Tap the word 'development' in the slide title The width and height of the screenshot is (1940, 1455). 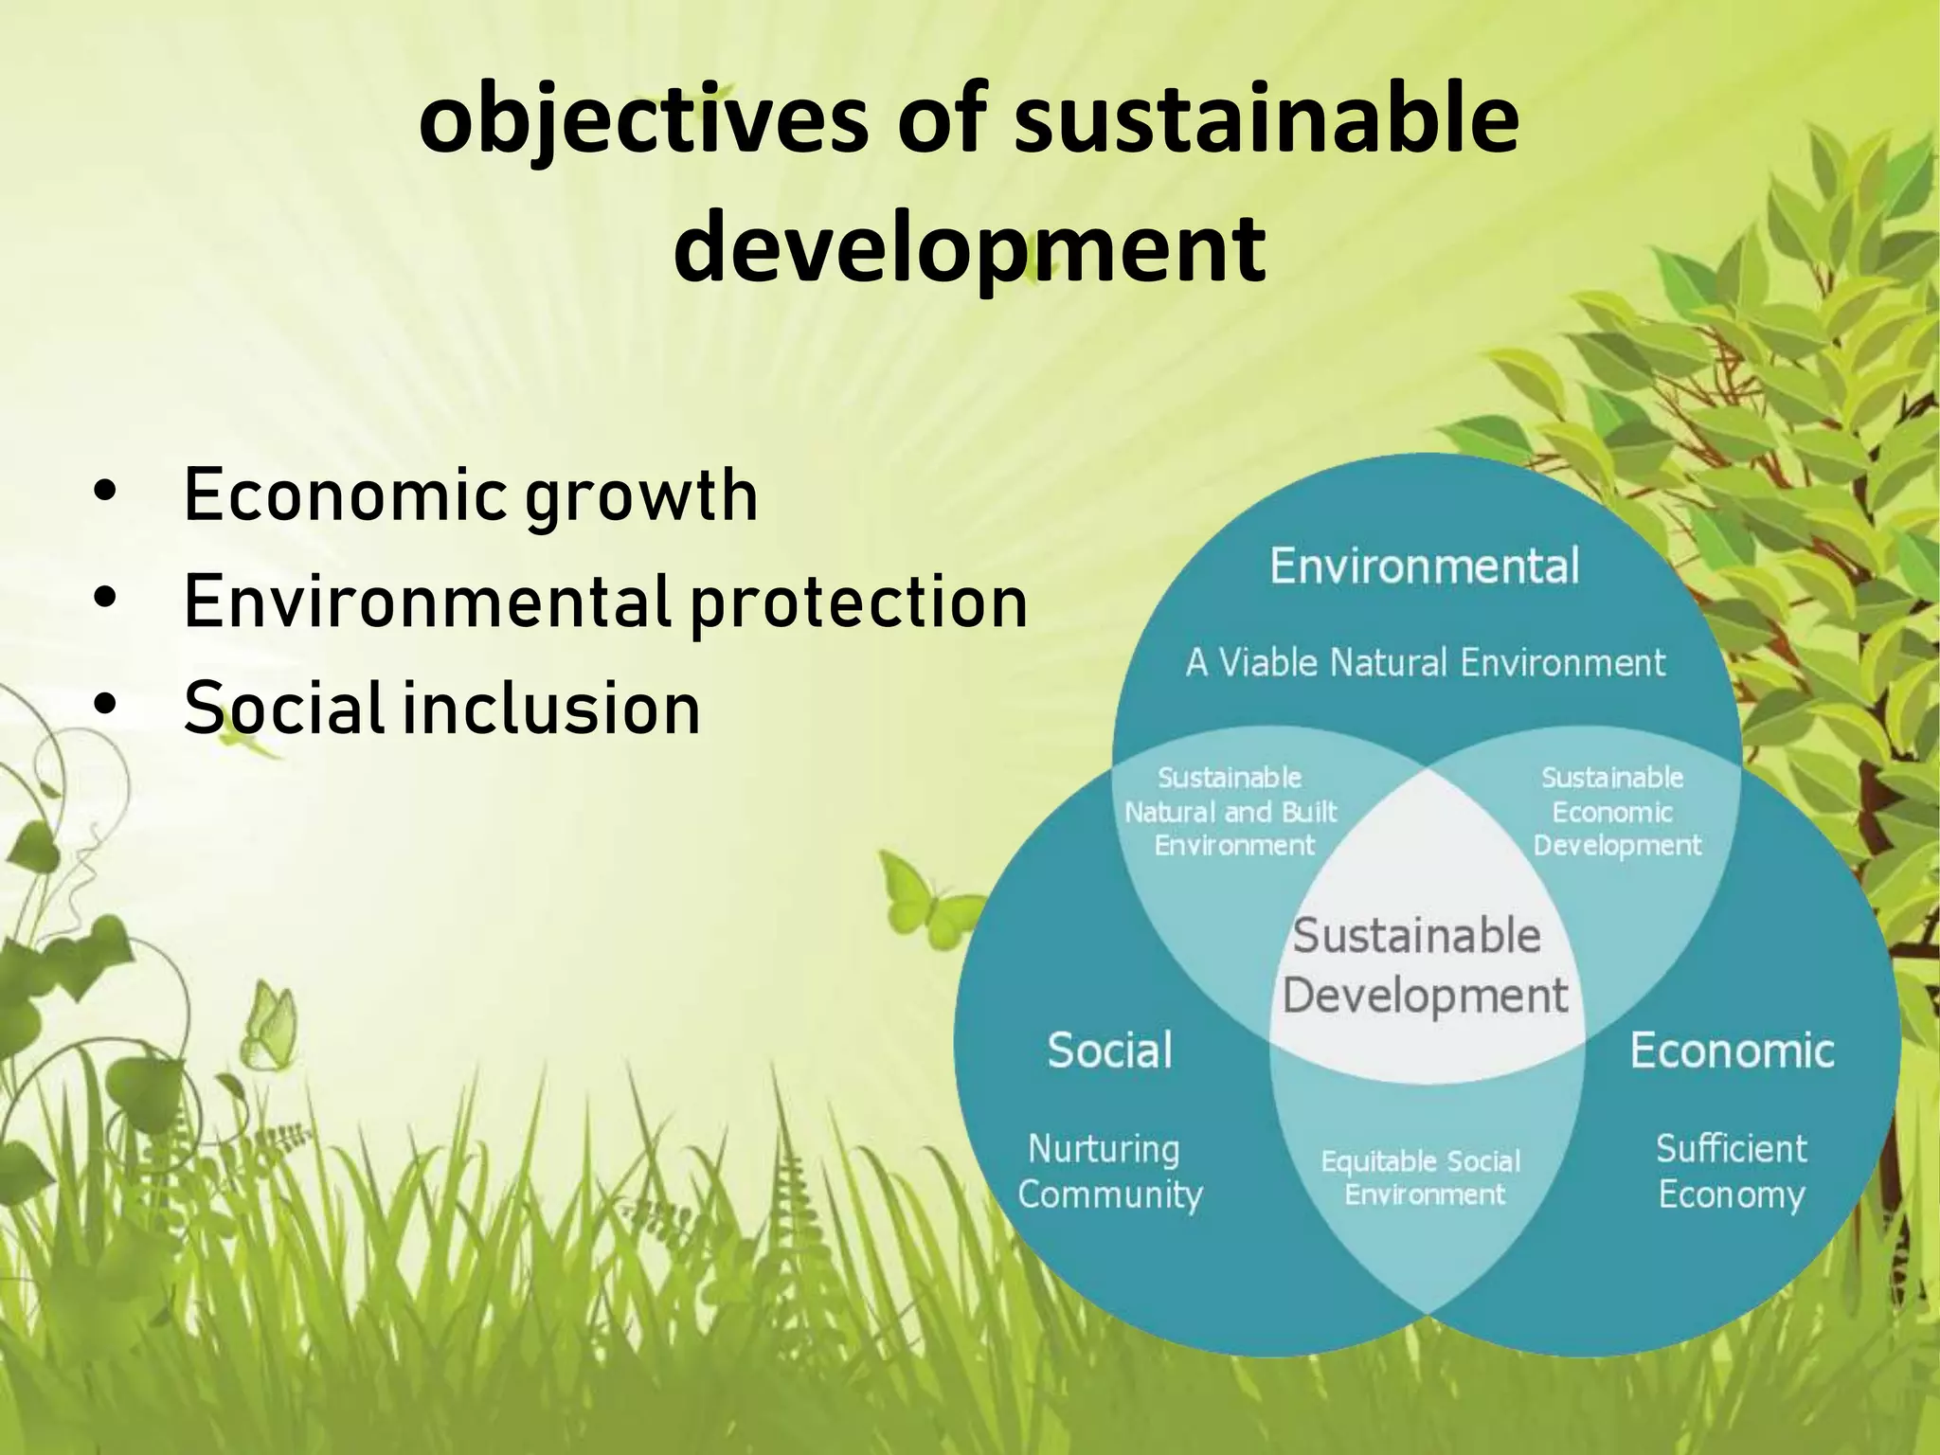point(969,248)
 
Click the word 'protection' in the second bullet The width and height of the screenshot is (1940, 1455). point(858,602)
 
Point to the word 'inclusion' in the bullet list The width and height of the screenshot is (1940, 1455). point(551,710)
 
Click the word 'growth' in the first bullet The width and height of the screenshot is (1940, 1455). point(641,495)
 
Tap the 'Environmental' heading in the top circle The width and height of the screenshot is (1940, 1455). point(1424,566)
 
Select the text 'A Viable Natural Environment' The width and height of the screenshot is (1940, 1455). point(1425,662)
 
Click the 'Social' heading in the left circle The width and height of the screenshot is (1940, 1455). point(1109,1051)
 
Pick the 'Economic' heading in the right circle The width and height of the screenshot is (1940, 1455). point(1732,1051)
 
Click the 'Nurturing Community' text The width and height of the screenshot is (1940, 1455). point(1109,1172)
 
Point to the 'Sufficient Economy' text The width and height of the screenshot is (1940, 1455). point(1732,1172)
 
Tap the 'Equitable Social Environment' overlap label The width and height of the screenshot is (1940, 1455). point(1420,1177)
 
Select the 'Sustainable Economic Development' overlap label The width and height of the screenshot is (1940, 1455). point(1616,812)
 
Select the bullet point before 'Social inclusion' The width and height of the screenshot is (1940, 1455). point(105,706)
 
